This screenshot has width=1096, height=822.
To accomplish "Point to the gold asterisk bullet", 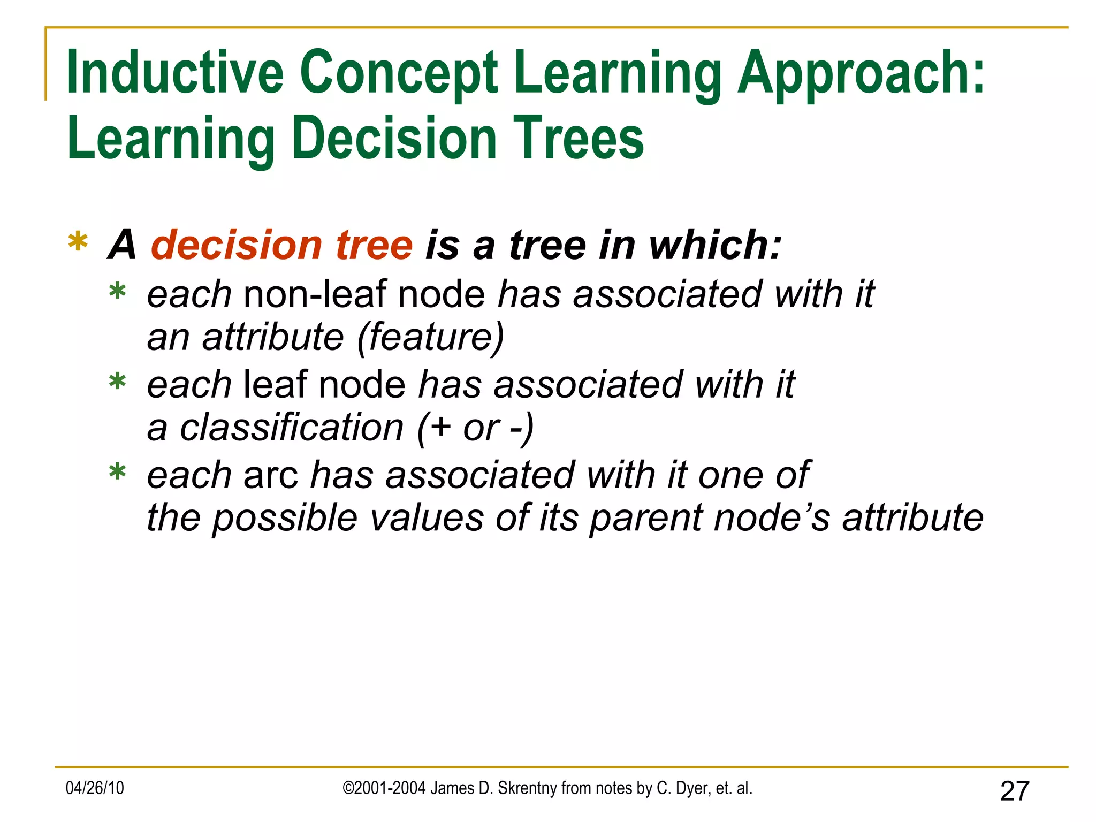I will (x=78, y=242).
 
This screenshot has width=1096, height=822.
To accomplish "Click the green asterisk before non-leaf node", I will (x=117, y=293).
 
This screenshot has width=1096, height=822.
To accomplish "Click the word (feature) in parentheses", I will (x=430, y=337).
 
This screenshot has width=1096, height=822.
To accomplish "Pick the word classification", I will (x=292, y=428).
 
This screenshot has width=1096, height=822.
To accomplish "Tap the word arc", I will (x=270, y=475).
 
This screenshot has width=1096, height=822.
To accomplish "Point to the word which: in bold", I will (x=715, y=245).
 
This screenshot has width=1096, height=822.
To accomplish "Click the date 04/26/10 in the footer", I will (x=95, y=788).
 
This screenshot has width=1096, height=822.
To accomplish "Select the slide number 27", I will (x=1015, y=791).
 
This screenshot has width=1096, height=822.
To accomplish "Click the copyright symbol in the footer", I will (x=348, y=788).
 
